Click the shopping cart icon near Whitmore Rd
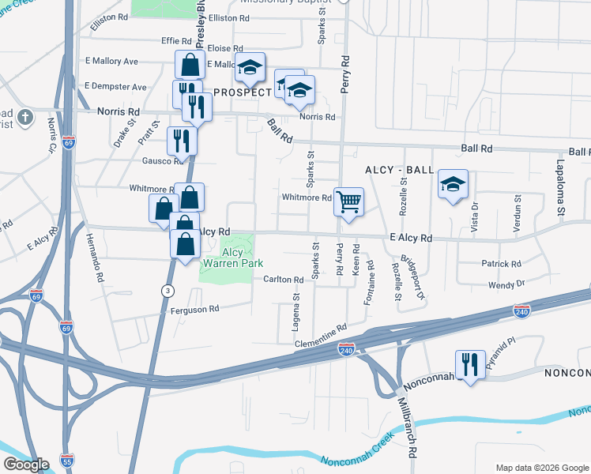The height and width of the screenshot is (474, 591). [348, 201]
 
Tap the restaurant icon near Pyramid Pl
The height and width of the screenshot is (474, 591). [470, 364]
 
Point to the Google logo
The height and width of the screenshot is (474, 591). [25, 465]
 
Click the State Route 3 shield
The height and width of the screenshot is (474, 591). [167, 291]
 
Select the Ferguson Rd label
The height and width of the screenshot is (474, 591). [194, 310]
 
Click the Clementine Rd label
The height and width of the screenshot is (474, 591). [321, 336]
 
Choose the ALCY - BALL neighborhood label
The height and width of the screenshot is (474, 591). [399, 170]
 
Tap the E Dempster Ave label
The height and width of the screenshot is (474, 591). [115, 86]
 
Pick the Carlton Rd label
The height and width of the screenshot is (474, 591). [284, 280]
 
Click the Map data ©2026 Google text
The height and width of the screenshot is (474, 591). [541, 467]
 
